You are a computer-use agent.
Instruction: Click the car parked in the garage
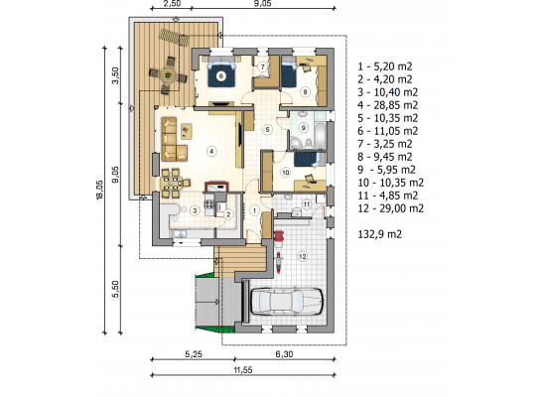[287, 302]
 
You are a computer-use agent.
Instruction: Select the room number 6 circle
[220, 75]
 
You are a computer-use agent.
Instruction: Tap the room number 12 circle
[302, 257]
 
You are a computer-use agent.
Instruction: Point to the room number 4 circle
[211, 151]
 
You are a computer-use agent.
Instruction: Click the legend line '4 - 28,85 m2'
[388, 105]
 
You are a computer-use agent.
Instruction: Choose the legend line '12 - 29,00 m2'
[391, 208]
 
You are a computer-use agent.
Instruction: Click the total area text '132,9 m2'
[380, 234]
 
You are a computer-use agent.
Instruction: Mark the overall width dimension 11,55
[243, 370]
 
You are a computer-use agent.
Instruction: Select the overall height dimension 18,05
[99, 191]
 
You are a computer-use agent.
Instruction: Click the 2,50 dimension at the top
[172, 4]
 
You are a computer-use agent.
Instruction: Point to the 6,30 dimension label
[284, 354]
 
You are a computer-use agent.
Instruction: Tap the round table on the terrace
[168, 74]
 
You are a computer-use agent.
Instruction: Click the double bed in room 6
[220, 74]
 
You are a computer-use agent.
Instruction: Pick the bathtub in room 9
[320, 135]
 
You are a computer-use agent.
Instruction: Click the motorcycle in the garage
[279, 263]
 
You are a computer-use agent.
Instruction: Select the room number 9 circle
[304, 128]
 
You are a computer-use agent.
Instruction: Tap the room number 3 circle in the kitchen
[195, 210]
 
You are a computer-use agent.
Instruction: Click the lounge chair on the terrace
[175, 38]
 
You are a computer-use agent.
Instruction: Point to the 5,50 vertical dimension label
[116, 289]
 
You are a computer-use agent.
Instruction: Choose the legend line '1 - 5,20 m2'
[385, 66]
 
